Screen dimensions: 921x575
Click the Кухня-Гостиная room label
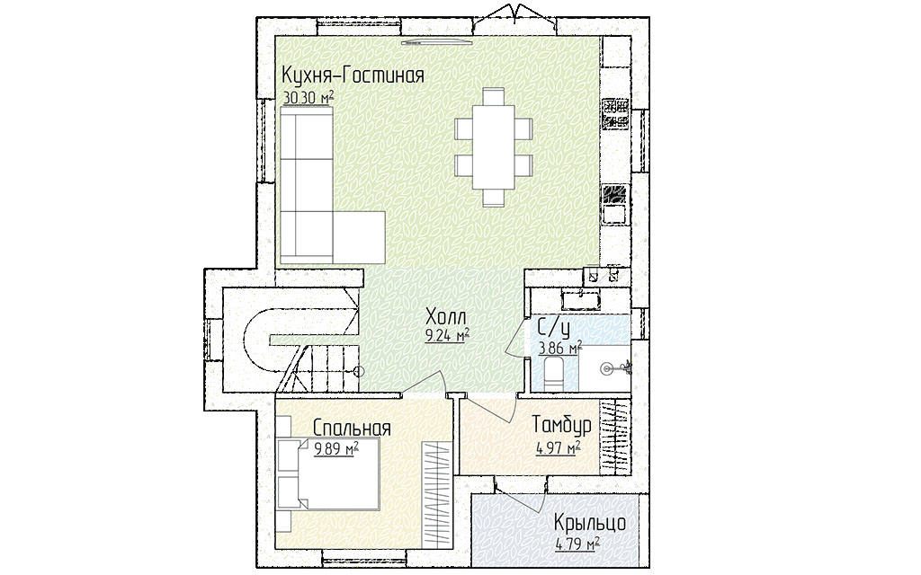pos(353,76)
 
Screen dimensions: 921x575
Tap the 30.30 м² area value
pos(308,97)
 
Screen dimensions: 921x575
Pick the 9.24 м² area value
pos(447,336)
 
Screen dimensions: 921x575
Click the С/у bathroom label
pos(553,327)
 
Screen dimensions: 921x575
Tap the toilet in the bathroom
pos(553,374)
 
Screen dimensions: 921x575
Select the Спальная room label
pos(352,428)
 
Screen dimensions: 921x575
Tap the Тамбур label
pos(561,424)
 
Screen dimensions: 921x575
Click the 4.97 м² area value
pos(558,449)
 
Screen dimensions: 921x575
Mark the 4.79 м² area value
pos(577,544)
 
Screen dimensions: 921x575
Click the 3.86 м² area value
pos(560,348)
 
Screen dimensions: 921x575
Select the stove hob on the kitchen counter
pos(615,113)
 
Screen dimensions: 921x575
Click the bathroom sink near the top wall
pos(580,300)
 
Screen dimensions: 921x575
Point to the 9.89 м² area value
pos(336,449)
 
